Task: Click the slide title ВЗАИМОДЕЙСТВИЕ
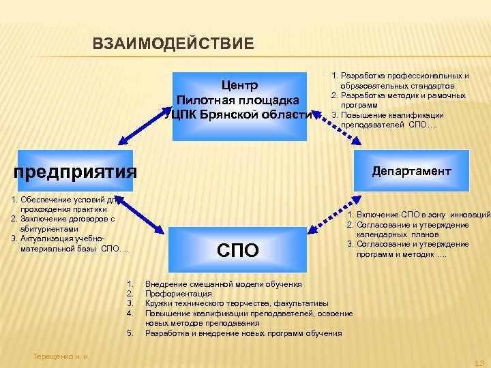tap(173, 45)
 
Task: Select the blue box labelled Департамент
tap(411, 171)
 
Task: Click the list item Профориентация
tap(178, 294)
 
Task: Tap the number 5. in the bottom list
tap(130, 333)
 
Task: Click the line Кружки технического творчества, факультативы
tap(237, 303)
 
